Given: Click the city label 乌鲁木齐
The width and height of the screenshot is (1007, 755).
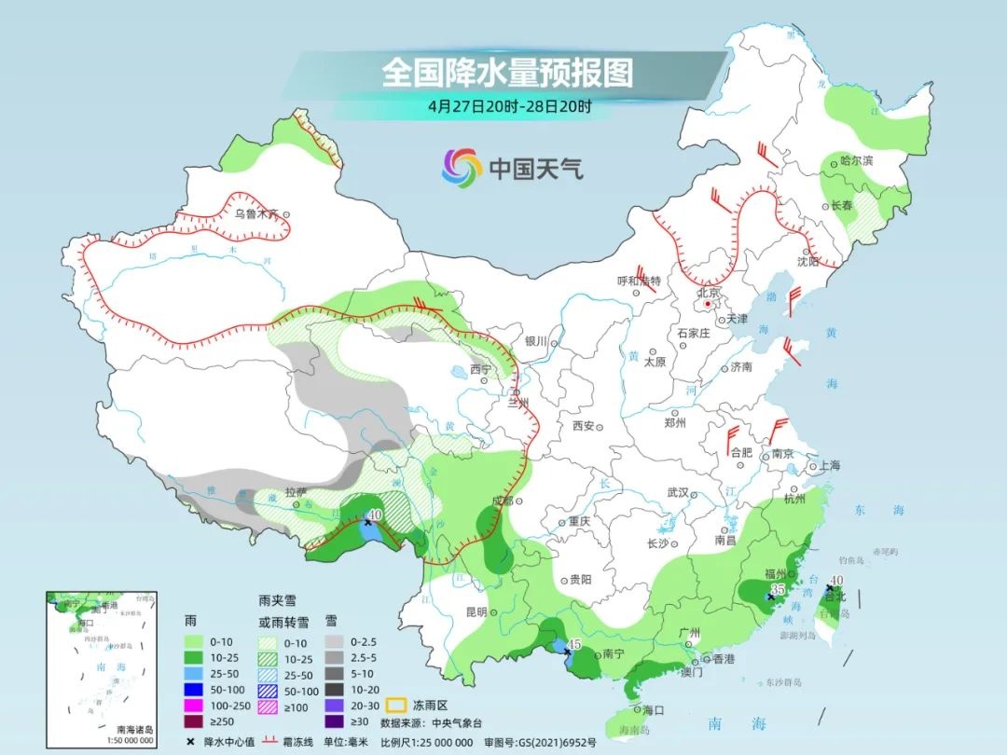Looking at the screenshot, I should [255, 213].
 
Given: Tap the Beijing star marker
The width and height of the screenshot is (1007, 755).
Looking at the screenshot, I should [708, 304].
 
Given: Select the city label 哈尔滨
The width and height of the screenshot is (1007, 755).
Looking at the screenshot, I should [857, 161].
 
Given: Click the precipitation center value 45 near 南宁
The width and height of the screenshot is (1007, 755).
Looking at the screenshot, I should [573, 644].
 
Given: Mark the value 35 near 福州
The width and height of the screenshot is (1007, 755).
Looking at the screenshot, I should [777, 591].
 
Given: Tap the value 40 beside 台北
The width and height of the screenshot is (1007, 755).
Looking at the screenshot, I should [836, 580].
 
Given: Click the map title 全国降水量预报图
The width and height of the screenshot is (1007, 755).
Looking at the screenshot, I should [507, 72].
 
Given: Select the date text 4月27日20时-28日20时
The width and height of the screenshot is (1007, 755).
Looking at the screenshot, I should [509, 105].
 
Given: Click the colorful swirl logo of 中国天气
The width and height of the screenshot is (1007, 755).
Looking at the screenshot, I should [462, 168].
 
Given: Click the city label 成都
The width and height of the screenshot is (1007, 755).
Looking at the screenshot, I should [501, 501].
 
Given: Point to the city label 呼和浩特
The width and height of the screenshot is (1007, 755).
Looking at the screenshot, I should [639, 281].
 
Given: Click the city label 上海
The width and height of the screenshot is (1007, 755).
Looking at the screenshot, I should [828, 465].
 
